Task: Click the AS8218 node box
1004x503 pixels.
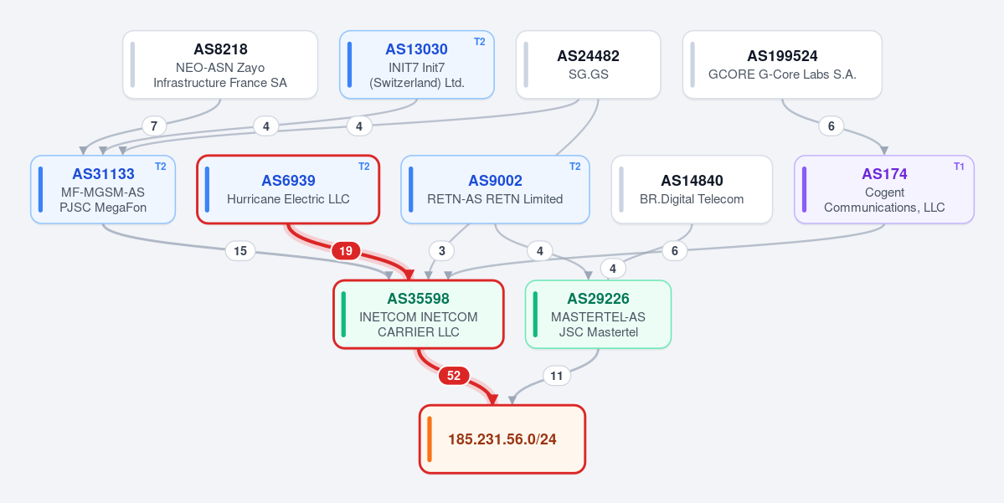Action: coord(220,64)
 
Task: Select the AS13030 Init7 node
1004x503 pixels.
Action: coord(417,64)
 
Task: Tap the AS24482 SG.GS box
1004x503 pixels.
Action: coord(589,64)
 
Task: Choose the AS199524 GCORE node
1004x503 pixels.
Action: coord(782,64)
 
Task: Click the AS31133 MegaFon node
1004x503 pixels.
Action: coord(103,189)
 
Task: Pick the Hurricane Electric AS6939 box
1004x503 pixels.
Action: coord(288,189)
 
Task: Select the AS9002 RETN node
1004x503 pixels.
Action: coord(495,189)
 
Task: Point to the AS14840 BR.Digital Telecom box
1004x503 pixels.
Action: coord(693,189)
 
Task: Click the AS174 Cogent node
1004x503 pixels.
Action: coord(884,189)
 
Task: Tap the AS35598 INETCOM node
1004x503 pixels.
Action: coord(419,314)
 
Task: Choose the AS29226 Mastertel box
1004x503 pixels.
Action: coord(598,314)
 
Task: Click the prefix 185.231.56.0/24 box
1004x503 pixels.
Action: coord(502,439)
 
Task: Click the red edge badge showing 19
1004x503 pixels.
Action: coord(346,251)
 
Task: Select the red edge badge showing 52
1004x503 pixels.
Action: coord(453,376)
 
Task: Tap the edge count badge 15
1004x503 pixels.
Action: coord(240,251)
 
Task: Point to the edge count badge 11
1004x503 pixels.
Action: coord(556,376)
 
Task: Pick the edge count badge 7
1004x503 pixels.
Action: coord(154,126)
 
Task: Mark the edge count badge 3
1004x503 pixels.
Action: coord(442,251)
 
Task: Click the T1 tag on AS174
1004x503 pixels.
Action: coord(959,167)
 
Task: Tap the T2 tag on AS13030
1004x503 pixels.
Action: coord(480,42)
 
